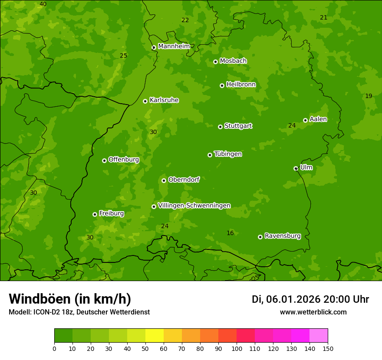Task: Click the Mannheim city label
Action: click(174, 46)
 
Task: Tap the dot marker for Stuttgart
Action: click(220, 127)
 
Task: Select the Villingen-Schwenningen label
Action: click(194, 206)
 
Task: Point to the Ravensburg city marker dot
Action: click(260, 237)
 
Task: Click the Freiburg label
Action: click(111, 213)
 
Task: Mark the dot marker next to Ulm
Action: click(296, 168)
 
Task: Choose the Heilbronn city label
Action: click(241, 85)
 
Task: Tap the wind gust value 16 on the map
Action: click(230, 233)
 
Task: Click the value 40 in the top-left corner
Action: click(43, 4)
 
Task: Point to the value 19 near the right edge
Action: click(369, 96)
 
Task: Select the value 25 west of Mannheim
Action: click(124, 56)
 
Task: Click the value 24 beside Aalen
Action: click(292, 126)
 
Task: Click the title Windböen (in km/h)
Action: click(70, 299)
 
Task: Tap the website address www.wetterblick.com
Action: click(313, 312)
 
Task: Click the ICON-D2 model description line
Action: click(79, 312)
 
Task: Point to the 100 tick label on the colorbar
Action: click(237, 348)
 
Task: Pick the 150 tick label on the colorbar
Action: click(328, 348)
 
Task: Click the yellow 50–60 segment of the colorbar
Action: click(155, 336)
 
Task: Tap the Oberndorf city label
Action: click(184, 180)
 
